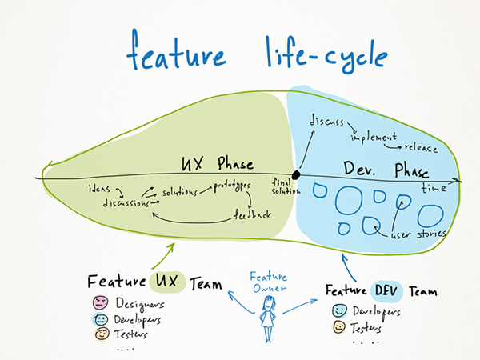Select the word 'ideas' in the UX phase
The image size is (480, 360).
99,190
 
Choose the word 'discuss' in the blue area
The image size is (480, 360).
326,122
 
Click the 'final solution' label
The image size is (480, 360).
282,186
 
